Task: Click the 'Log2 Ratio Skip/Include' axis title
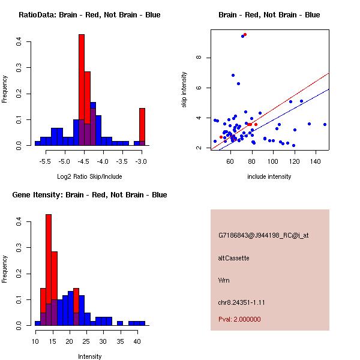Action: point(89,177)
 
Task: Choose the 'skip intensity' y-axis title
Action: point(184,90)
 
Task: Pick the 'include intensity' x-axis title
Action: point(269,177)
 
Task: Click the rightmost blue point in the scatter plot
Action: point(325,124)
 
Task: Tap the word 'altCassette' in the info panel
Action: point(233,258)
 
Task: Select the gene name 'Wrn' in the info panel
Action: point(224,280)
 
